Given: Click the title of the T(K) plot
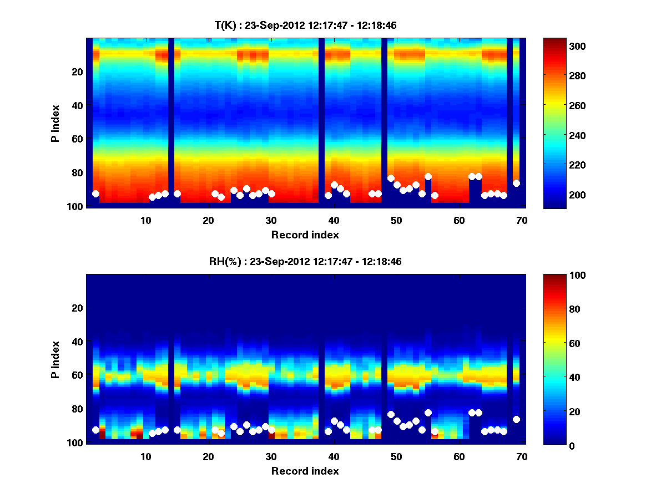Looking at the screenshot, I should point(305,25).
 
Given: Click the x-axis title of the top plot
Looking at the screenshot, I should point(305,235).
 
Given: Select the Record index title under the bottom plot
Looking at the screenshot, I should point(305,471).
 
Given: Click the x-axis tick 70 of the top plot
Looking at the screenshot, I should point(522,220).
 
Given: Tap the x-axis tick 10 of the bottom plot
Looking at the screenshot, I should point(145,456).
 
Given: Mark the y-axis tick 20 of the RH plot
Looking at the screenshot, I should point(77,308).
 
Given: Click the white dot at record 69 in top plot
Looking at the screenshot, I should point(516,183).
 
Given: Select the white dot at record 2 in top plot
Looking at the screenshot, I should point(95,194).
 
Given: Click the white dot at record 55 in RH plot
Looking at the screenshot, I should point(428,413).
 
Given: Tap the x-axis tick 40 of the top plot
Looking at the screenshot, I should point(334,220).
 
